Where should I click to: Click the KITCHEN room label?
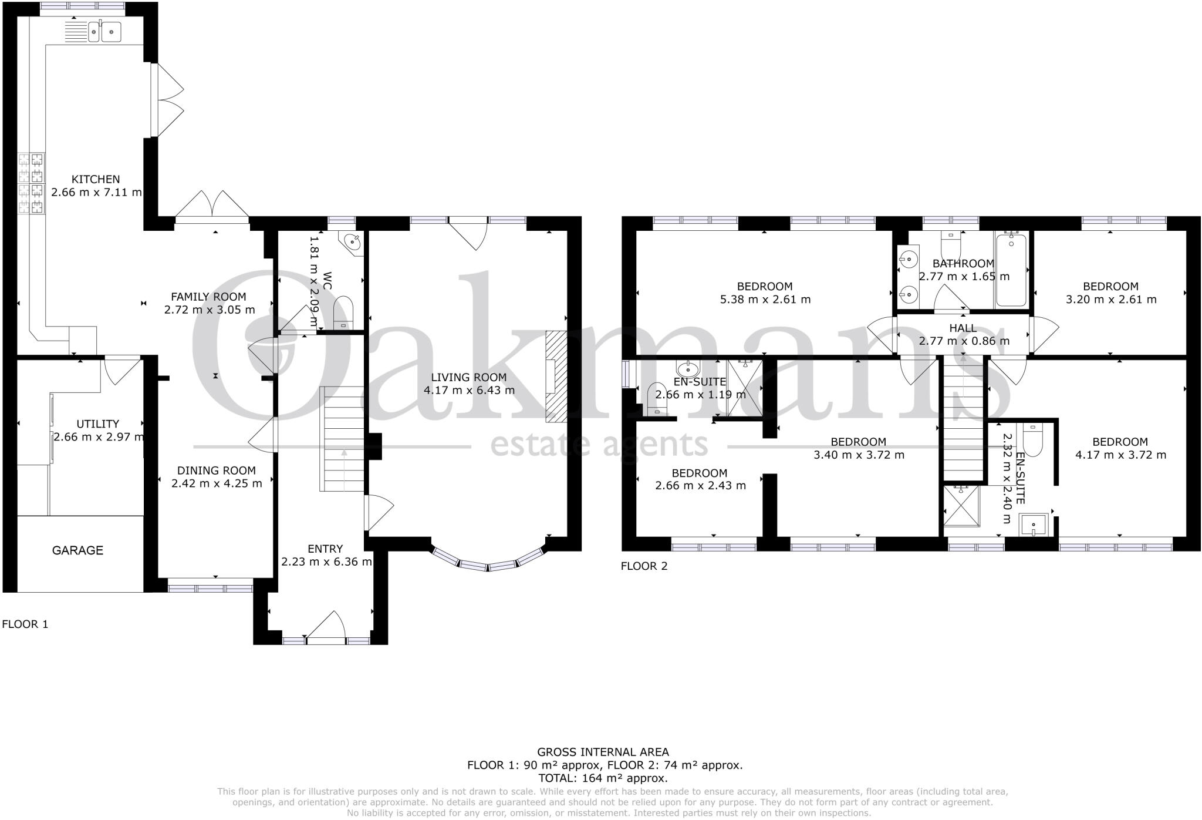pos(96,179)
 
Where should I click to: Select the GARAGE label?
pos(77,550)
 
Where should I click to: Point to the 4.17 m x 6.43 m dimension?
pos(469,390)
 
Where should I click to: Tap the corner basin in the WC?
pos(353,241)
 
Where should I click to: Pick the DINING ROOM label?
pos(217,471)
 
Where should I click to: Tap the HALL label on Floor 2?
pos(963,328)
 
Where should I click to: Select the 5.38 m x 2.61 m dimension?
pos(765,300)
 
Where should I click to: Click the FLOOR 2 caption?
pos(644,566)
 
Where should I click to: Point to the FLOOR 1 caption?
pos(25,624)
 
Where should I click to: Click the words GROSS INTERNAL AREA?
pos(603,752)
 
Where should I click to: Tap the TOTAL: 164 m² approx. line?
pos(603,778)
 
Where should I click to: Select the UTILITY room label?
pos(98,424)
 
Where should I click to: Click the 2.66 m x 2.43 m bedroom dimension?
pos(700,486)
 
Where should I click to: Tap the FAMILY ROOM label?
pos(208,297)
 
